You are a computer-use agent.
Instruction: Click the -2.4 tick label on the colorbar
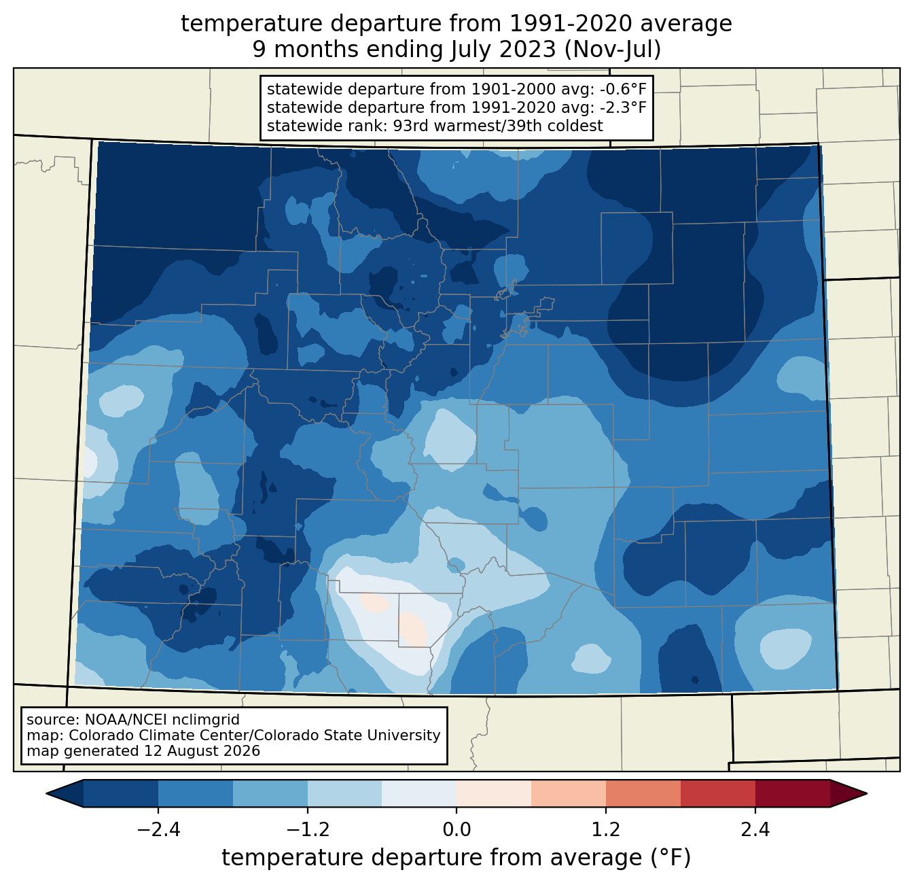[158, 830]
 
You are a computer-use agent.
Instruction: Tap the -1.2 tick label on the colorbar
[307, 830]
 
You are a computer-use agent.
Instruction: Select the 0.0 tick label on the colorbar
[456, 830]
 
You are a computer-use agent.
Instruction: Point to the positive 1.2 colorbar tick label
[606, 830]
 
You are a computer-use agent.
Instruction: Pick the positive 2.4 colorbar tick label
[755, 830]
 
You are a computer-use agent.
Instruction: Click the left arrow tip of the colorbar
[46, 794]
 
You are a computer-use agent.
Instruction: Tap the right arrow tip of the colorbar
[867, 794]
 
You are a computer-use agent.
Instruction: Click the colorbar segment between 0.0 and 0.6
[494, 794]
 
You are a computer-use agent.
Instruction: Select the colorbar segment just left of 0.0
[419, 794]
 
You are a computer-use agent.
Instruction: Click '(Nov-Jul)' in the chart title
[612, 50]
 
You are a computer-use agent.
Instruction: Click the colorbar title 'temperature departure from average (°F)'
[456, 857]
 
